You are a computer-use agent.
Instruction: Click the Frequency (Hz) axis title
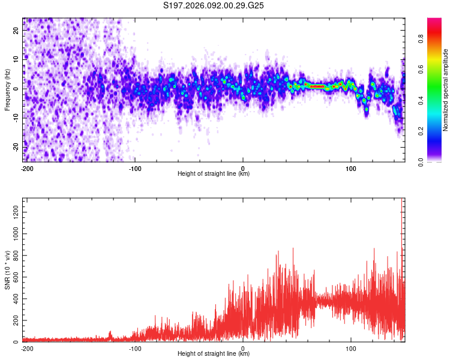7,89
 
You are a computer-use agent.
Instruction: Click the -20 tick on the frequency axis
16,147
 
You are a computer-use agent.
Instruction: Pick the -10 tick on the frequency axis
16,118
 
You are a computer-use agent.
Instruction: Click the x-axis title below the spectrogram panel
214,174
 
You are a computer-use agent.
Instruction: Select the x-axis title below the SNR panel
214,354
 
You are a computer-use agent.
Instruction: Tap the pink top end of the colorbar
434,22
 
